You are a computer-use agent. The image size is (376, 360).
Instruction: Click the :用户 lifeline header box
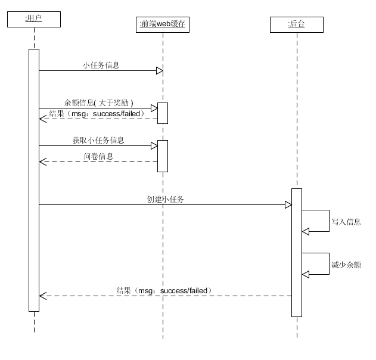(34, 19)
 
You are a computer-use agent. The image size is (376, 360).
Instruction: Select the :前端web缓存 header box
(163, 24)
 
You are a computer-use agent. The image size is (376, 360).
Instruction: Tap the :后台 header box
(296, 24)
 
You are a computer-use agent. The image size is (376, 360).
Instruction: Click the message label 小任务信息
(101, 65)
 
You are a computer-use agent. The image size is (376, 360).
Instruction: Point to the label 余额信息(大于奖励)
(99, 103)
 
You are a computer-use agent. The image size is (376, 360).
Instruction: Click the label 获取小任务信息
(98, 140)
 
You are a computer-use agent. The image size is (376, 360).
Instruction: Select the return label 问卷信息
(98, 156)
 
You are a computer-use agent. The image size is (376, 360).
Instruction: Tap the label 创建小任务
(165, 199)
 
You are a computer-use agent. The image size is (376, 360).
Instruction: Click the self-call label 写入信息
(346, 222)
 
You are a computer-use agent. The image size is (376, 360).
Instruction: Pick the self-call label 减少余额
(346, 265)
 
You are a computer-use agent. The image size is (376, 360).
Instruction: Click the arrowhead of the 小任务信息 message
(159, 71)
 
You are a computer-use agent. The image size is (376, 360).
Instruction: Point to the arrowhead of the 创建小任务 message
(288, 205)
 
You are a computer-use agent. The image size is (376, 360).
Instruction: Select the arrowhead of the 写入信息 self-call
(306, 231)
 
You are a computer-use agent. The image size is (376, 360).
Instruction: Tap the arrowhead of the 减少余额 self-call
(306, 274)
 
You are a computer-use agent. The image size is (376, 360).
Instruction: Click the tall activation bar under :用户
(34, 179)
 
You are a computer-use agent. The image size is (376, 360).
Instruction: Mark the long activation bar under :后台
(297, 252)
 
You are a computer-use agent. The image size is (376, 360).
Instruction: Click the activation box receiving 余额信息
(163, 113)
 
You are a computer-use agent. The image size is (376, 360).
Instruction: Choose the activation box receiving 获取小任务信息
(163, 156)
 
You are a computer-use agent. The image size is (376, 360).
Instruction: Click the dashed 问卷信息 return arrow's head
(42, 162)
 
